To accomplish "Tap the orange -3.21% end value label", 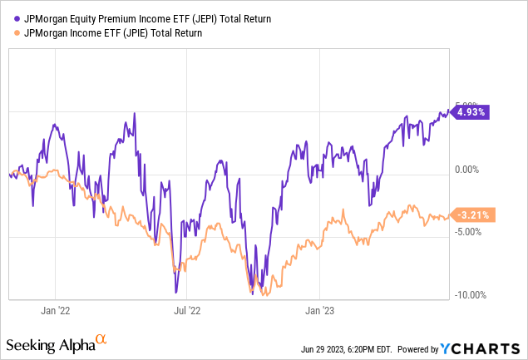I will pyautogui.click(x=471, y=215).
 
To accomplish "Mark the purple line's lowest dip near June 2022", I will pyautogui.click(x=175, y=292).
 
